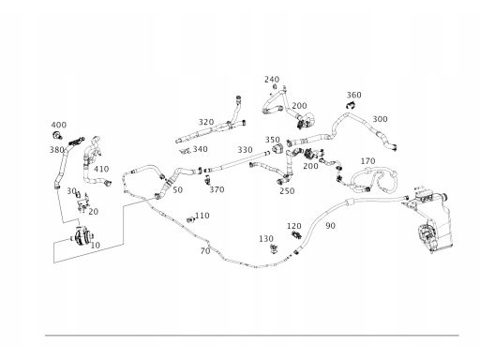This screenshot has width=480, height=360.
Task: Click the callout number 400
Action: point(59,125)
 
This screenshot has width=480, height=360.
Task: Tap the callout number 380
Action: point(56,150)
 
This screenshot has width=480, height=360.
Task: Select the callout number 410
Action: point(101,169)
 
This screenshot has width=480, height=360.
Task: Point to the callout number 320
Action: point(206,122)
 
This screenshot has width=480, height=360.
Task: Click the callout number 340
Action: point(200,149)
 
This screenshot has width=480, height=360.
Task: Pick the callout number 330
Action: point(245,150)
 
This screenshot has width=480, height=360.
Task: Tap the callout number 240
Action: point(272,80)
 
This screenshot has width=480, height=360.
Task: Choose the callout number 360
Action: point(354,95)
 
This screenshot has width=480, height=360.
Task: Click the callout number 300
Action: point(380,119)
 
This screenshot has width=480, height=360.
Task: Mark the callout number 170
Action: point(367,161)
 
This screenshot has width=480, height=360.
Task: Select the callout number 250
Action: point(287,191)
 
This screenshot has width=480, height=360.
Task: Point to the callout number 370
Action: point(217,189)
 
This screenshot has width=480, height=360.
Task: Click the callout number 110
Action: point(202,216)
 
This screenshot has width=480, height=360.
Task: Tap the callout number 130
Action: point(266,239)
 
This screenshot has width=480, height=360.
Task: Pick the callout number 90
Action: point(330,226)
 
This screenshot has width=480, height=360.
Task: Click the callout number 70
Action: point(205,251)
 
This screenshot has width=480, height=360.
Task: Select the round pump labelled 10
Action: point(82,236)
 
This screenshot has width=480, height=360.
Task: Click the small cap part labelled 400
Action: point(57,135)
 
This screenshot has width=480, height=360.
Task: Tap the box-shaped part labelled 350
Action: point(277,148)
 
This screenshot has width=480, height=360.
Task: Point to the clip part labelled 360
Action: point(351,105)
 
